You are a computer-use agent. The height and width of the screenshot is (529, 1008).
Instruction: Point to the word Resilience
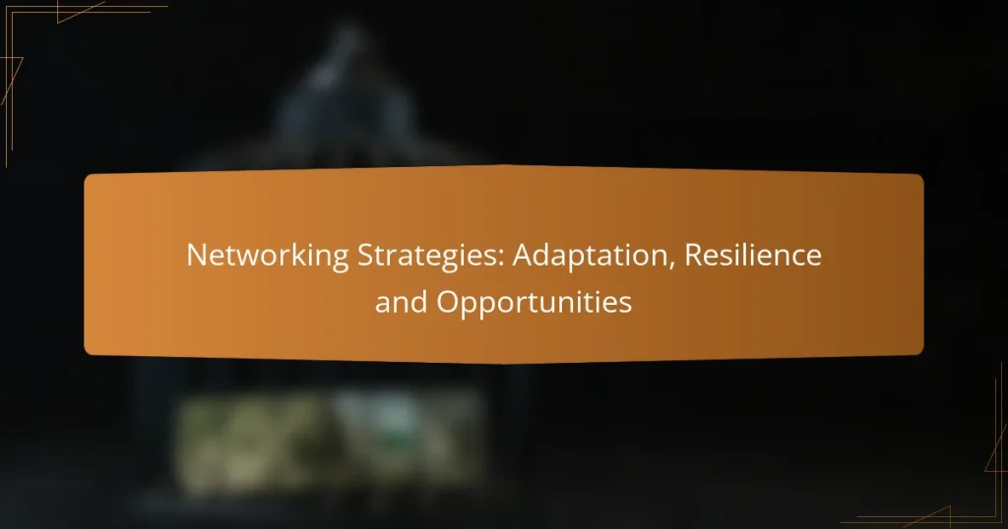point(753,258)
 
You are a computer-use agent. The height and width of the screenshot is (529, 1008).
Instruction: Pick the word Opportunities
point(534,303)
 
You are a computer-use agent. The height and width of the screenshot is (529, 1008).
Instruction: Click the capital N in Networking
point(197,258)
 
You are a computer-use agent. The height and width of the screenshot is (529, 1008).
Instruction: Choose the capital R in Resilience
point(693,258)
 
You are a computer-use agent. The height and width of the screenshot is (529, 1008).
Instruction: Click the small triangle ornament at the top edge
point(79,12)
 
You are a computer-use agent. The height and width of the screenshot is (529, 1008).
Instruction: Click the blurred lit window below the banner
point(325,433)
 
